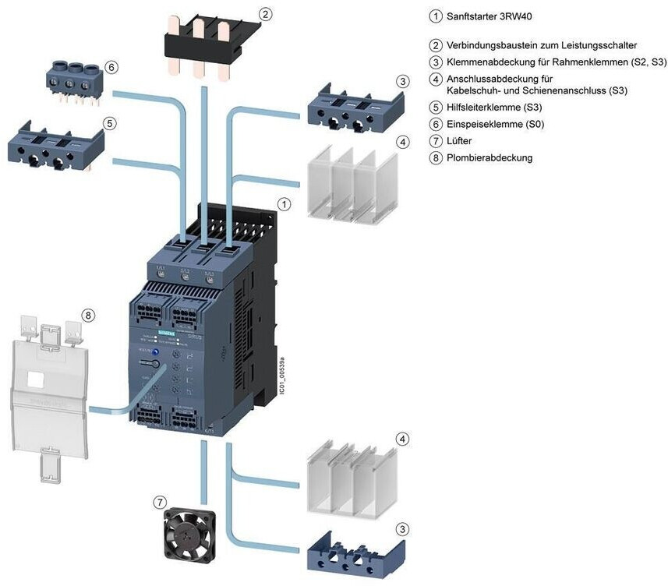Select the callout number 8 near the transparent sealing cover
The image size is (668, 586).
coord(88,316)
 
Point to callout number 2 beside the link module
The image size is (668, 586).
coord(266,14)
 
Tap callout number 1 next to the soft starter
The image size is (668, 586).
coord(285,204)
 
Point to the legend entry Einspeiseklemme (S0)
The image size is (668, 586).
coord(495,124)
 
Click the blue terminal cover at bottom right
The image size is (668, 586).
coord(351,555)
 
